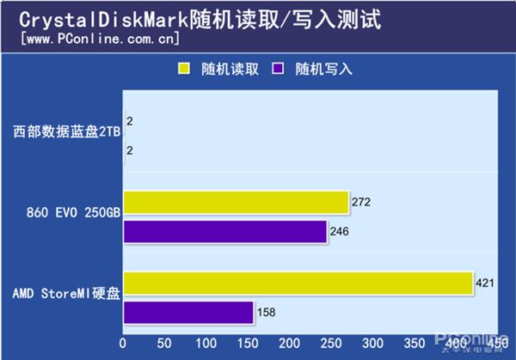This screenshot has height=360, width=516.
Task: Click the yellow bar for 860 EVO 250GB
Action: (236, 203)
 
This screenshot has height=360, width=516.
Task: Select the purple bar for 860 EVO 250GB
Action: (225, 232)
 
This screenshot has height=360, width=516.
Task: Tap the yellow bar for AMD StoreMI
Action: (298, 284)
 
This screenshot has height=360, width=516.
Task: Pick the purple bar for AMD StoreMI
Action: (188, 313)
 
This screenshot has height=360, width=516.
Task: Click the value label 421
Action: (487, 283)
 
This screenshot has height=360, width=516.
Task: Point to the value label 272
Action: (362, 203)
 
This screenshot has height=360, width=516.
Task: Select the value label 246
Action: (341, 232)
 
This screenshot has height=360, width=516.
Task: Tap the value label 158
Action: (267, 313)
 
